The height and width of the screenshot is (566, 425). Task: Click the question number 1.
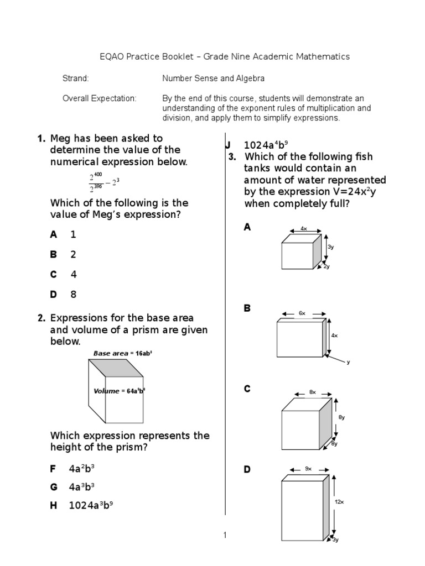41,138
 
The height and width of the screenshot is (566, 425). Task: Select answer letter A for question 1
54,234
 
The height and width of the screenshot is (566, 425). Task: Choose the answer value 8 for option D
73,294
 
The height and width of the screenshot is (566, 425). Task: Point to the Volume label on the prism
119,391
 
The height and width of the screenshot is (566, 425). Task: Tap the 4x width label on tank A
303,228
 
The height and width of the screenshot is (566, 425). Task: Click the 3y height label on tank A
330,247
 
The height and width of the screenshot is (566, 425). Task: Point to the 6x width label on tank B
302,313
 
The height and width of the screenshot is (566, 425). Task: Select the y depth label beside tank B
348,363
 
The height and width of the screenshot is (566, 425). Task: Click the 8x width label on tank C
313,392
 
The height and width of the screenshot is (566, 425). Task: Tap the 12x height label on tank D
339,502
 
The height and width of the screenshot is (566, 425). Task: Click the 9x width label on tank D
308,469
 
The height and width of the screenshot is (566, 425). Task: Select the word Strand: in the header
75,78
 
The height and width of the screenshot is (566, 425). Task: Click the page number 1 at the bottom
225,534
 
